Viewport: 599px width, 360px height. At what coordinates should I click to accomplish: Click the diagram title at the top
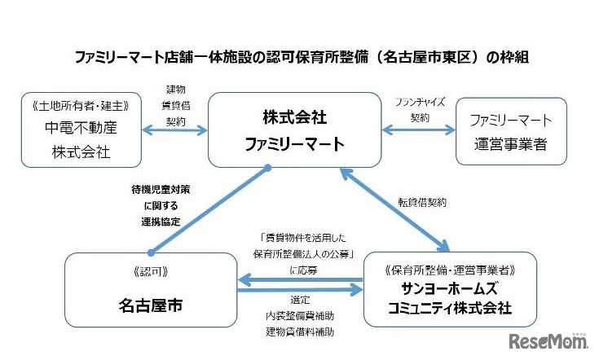[x=299, y=59]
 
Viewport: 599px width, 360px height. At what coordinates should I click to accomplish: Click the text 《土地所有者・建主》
[x=79, y=106]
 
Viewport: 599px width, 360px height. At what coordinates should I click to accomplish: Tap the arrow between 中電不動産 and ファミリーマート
[x=174, y=130]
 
